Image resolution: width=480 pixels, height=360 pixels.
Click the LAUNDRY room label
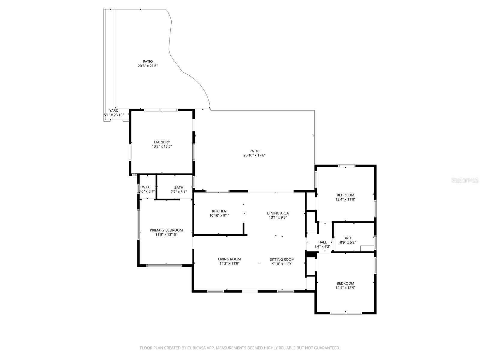162,142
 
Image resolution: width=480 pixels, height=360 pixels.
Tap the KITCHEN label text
219,211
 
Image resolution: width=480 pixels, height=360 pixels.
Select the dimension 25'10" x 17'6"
254,155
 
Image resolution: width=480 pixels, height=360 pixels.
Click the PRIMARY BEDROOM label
166,230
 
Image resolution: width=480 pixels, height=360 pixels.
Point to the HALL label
322,242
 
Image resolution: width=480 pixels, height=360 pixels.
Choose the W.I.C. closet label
147,187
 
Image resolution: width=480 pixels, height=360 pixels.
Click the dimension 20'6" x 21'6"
148,66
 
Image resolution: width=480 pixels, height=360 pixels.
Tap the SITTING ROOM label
282,259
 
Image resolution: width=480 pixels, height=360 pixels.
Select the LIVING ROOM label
229,259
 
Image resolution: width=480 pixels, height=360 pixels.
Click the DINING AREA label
278,213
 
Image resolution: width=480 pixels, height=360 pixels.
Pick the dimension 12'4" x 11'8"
345,199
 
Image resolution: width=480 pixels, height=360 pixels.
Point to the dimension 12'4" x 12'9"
345,288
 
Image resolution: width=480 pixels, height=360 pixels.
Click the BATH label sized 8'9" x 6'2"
348,238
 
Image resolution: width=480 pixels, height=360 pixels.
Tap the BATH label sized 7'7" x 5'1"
178,187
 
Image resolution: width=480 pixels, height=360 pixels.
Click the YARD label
114,111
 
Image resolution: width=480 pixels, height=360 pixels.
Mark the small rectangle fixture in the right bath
367,248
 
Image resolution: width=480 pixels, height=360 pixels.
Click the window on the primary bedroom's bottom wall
164,265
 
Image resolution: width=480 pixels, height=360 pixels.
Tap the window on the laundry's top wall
161,110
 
